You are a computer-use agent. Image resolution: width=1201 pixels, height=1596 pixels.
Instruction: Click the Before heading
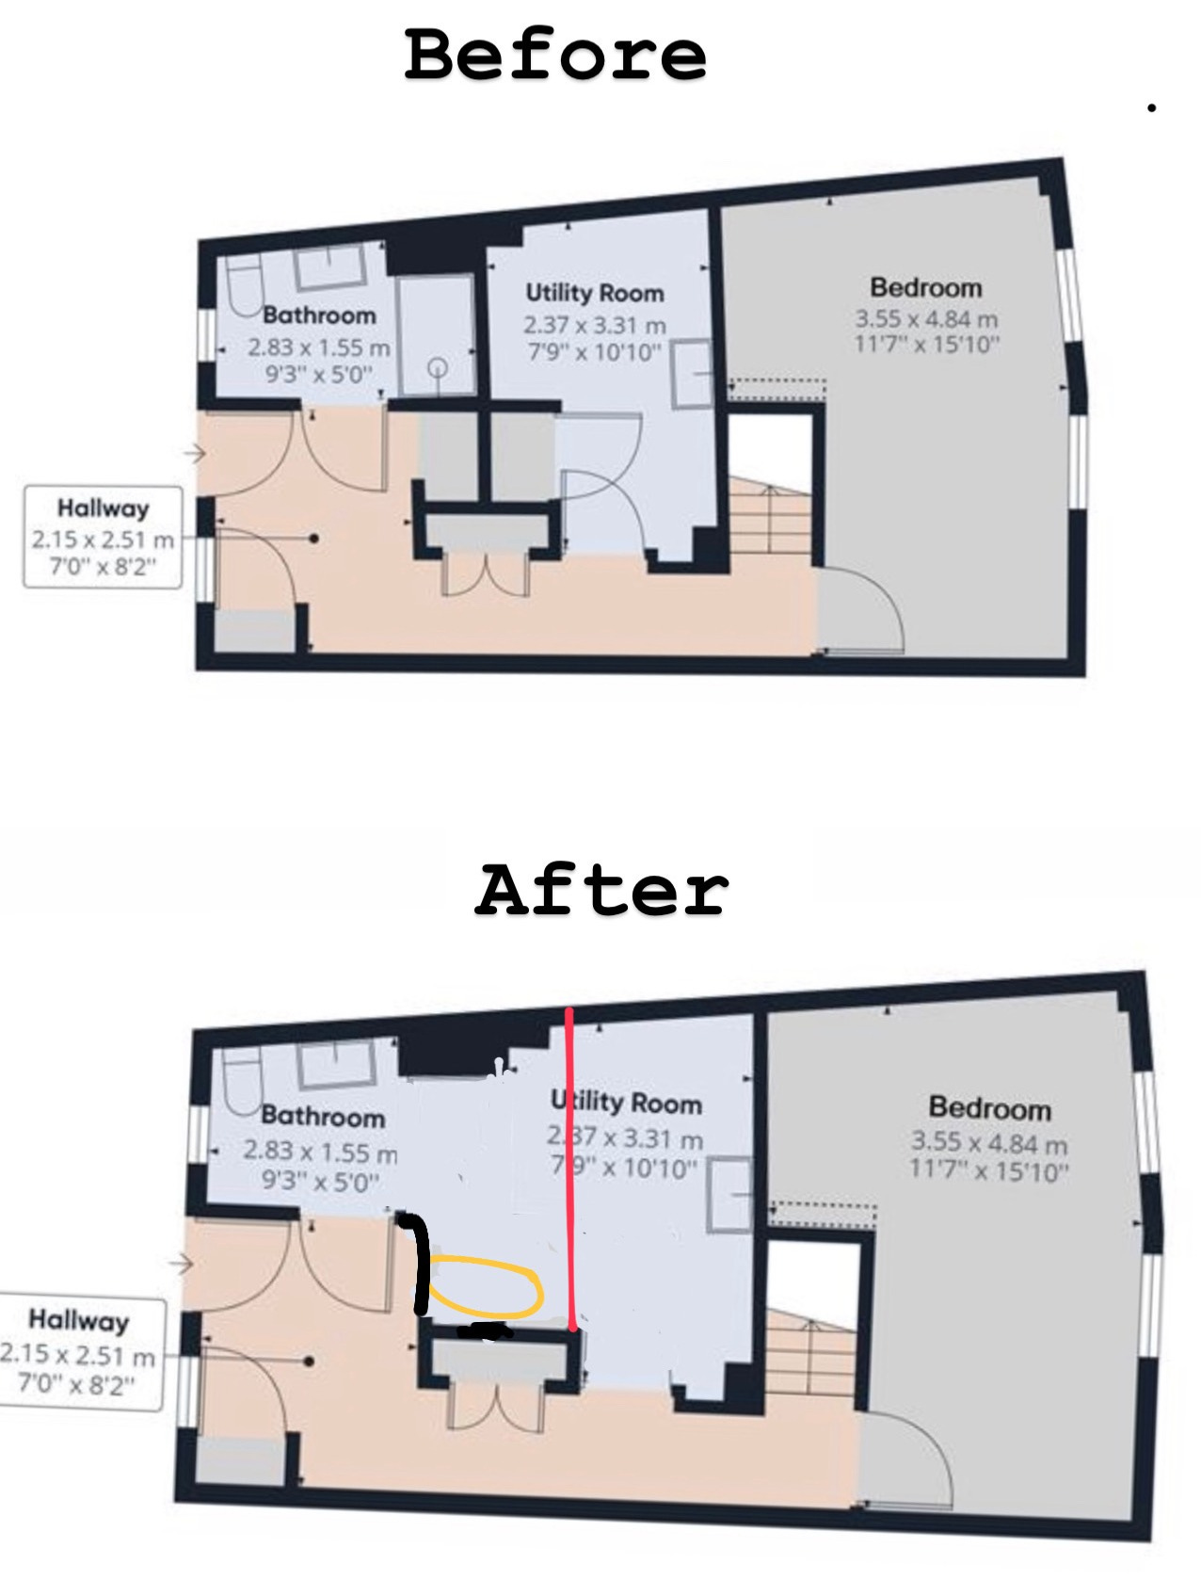(555, 55)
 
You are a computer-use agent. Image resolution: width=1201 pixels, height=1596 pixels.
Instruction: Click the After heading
(602, 890)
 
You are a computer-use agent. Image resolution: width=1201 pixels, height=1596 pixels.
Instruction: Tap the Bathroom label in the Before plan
(319, 314)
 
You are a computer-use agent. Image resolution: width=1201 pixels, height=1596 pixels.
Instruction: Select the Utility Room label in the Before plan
(595, 293)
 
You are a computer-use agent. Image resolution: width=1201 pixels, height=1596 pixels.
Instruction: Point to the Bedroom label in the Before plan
(926, 287)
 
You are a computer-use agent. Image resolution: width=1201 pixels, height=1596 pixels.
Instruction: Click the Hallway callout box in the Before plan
(103, 537)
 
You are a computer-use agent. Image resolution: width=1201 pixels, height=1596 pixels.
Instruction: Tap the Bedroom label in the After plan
(990, 1108)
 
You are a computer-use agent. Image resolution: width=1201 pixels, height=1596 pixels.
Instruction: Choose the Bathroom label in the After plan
(323, 1116)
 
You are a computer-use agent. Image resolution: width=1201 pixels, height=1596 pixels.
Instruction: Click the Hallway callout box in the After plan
(81, 1353)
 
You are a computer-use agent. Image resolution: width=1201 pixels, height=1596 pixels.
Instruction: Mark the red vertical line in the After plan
(570, 1168)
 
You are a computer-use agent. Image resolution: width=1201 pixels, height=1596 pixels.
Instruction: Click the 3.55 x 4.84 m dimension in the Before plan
(926, 318)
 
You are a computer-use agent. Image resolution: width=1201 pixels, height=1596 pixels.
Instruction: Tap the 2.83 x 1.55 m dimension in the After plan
(320, 1151)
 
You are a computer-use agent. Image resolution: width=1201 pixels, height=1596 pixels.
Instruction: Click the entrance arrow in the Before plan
(194, 454)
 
